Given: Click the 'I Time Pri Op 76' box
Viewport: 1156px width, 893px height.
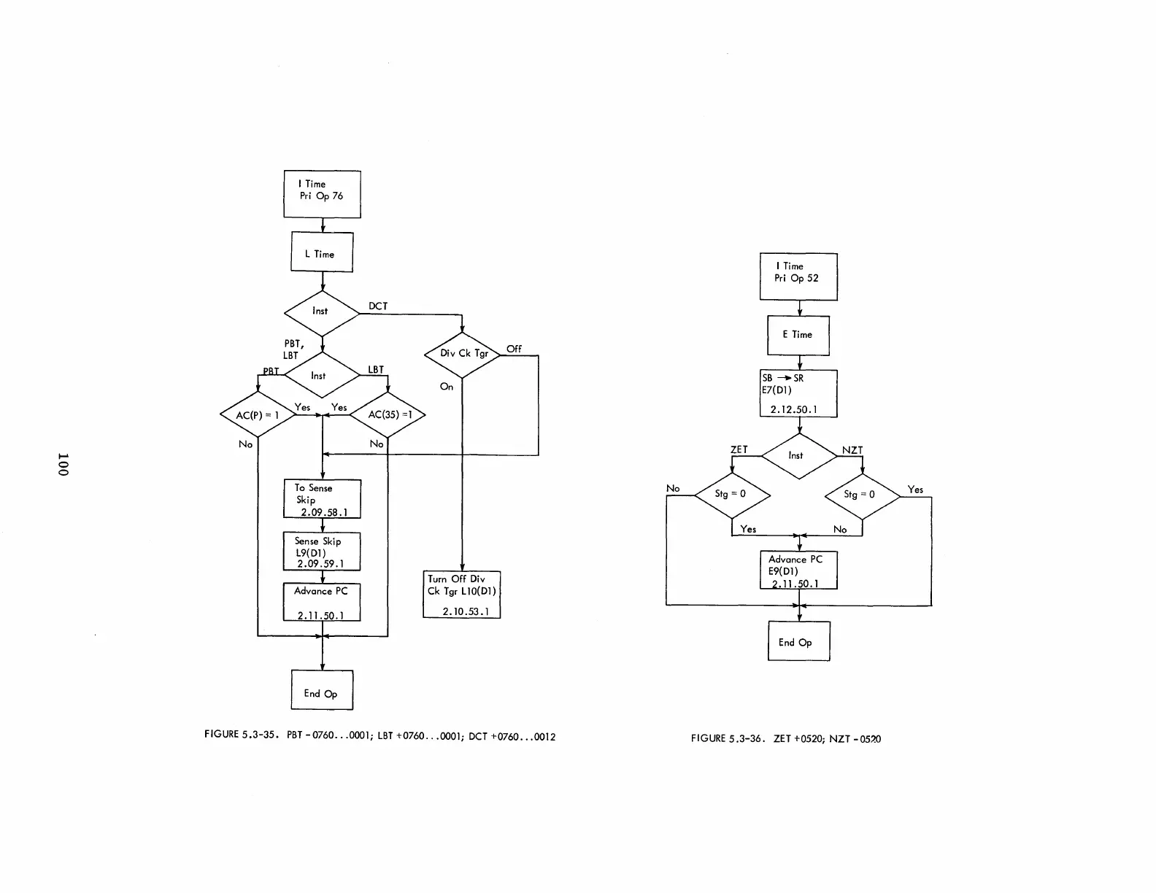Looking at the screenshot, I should (x=322, y=194).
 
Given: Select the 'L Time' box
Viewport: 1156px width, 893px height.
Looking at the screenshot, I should (x=322, y=252).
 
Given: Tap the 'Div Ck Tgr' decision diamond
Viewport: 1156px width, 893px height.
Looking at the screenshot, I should (x=463, y=355).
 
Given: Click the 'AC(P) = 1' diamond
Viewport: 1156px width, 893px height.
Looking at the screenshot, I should (x=258, y=414).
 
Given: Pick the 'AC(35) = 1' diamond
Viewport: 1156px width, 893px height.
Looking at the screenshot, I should (x=388, y=414).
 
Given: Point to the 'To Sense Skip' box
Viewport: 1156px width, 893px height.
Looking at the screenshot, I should (x=322, y=499).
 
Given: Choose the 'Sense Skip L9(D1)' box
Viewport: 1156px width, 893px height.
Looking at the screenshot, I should (x=322, y=552).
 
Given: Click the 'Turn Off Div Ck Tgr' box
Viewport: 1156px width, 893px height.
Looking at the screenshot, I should (x=462, y=595).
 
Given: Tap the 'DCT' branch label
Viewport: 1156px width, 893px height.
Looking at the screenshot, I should (x=378, y=306).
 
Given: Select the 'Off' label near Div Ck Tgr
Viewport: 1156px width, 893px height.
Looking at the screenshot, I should (x=514, y=349).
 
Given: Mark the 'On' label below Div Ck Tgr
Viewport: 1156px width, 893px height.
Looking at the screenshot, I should (x=447, y=387).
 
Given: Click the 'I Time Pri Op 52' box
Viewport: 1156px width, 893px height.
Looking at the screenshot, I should (x=798, y=277).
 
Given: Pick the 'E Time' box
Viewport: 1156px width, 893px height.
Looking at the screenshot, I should (x=798, y=336).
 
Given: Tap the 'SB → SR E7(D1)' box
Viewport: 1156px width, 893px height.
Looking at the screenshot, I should (x=798, y=393).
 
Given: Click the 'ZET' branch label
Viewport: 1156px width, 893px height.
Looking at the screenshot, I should (x=739, y=449).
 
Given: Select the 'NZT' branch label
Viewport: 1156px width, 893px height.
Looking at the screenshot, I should (x=852, y=450).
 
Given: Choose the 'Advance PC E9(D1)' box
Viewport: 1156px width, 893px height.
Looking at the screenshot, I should (x=798, y=570).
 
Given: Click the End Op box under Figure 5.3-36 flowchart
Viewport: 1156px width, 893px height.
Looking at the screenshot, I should (x=798, y=641).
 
